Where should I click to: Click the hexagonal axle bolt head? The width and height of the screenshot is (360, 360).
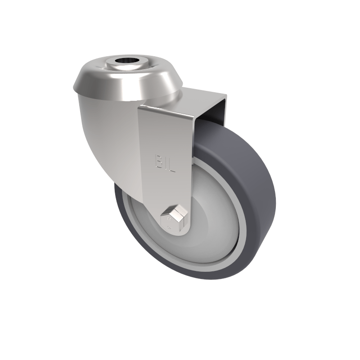pyautogui.click(x=173, y=218)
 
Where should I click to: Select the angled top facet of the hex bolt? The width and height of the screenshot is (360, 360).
pyautogui.click(x=175, y=209)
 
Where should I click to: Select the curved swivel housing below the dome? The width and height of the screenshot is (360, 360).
pyautogui.click(x=108, y=135)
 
